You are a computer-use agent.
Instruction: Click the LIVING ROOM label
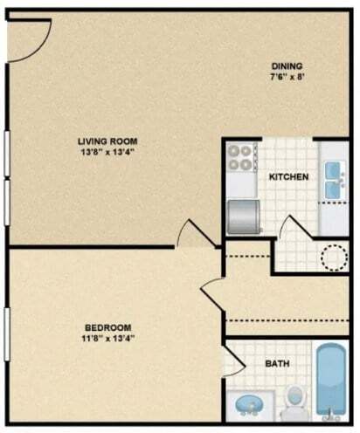108,141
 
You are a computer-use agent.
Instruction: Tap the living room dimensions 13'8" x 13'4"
108,153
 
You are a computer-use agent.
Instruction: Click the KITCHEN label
288,177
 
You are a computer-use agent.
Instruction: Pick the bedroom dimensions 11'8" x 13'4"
110,338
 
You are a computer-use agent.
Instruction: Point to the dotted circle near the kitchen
336,257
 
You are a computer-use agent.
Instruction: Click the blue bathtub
333,385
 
